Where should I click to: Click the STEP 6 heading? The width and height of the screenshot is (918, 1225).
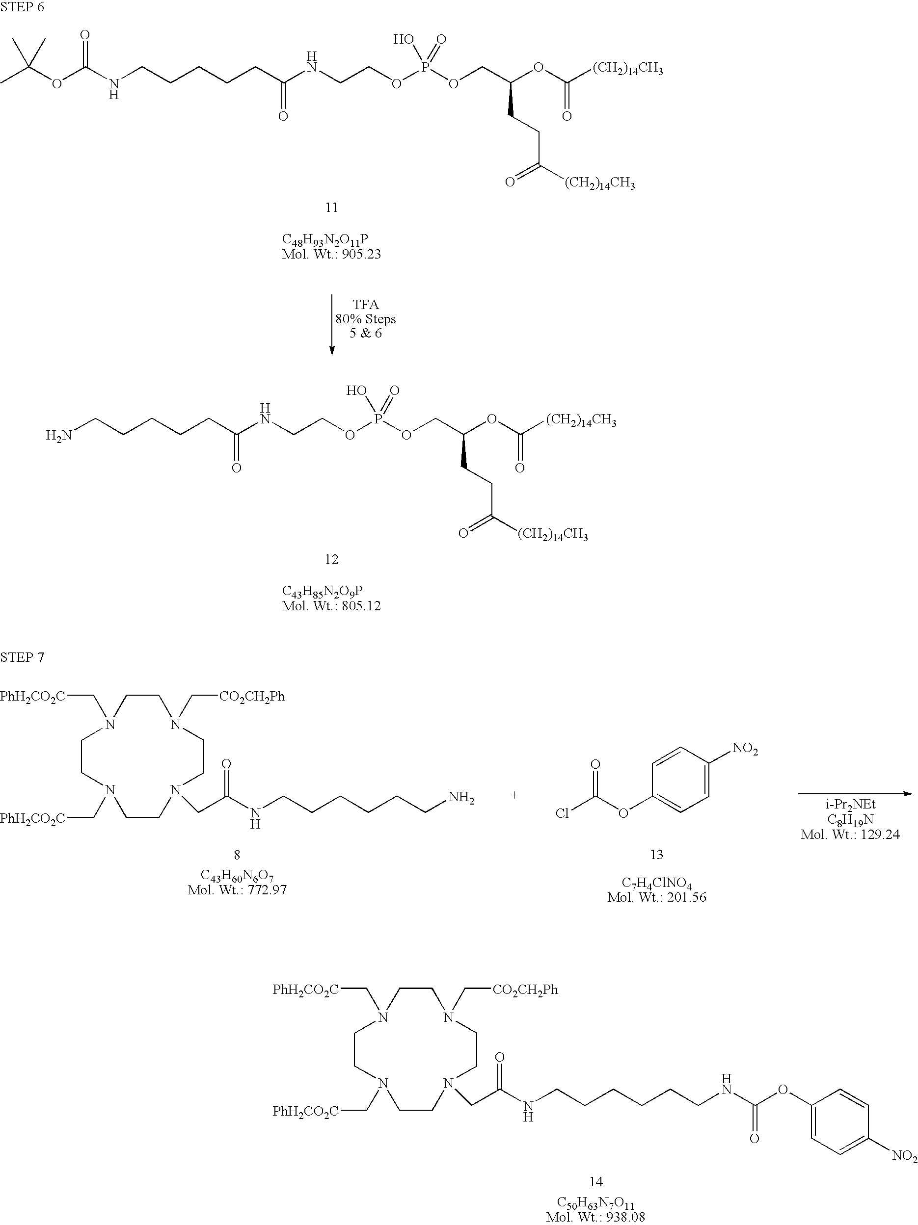point(22,7)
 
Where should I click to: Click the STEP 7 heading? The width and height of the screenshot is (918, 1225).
point(22,657)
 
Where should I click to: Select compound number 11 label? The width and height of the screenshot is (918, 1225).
point(331,207)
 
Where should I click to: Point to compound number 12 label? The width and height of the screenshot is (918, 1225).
point(331,559)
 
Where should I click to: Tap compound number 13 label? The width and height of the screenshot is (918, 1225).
point(656,855)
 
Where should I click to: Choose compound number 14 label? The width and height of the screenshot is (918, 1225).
point(595,1182)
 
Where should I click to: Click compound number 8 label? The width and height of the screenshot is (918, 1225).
point(237,855)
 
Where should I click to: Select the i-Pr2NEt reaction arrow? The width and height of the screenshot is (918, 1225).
point(855,794)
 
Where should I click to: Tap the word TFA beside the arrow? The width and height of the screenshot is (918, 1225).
point(366,305)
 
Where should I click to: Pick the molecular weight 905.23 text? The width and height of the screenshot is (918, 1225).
point(331,255)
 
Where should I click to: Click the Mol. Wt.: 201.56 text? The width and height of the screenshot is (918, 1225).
point(656,897)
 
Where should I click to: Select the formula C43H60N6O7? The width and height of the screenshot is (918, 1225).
point(237,876)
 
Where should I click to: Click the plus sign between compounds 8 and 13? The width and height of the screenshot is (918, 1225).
point(514,795)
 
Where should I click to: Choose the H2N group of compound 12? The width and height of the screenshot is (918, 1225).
point(59,436)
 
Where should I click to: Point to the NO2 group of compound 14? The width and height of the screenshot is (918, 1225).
point(904,1156)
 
